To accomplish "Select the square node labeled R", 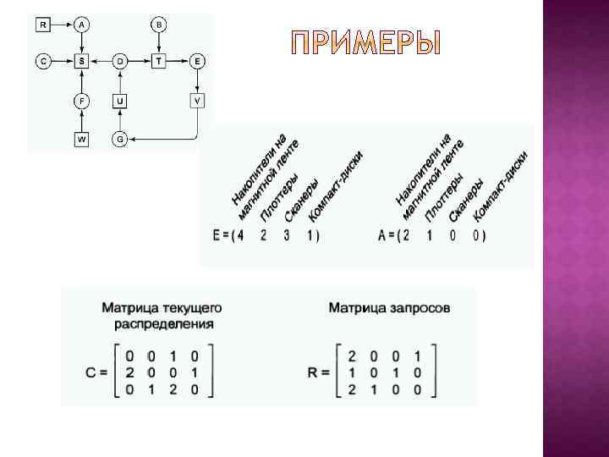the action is click(42, 25).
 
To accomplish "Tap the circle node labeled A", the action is click(81, 25).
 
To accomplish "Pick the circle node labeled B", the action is click(159, 25).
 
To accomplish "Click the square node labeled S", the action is click(81, 62).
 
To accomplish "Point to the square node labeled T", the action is click(159, 62).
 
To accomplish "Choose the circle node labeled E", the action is click(197, 62).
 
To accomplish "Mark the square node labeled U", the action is click(120, 101).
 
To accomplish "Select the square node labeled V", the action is click(197, 101).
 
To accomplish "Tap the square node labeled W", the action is click(81, 138).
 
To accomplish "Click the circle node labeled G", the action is click(120, 138).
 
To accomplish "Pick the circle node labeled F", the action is click(81, 101).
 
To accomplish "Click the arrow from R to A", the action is click(61, 25).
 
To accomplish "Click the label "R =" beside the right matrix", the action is click(318, 373).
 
